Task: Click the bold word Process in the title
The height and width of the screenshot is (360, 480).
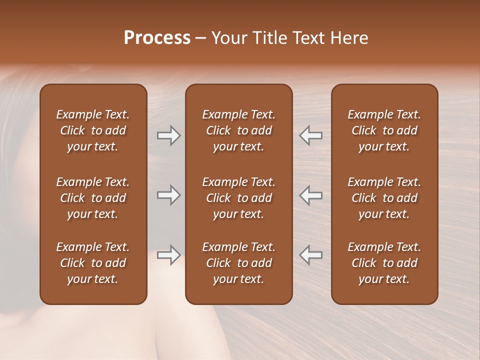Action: click(157, 38)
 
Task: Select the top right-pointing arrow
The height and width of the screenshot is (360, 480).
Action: click(168, 135)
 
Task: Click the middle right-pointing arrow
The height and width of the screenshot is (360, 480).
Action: click(168, 195)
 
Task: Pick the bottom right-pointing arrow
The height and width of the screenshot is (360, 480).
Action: click(168, 255)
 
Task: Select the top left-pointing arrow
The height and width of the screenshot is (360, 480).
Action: click(311, 135)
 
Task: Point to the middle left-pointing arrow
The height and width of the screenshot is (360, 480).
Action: click(311, 195)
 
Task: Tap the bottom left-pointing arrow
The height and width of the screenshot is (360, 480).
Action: click(311, 255)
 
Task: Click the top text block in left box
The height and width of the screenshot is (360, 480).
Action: click(93, 130)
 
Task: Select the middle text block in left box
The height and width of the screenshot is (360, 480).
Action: click(93, 198)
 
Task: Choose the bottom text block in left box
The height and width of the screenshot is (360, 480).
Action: click(93, 263)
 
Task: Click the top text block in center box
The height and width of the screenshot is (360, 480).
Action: click(238, 130)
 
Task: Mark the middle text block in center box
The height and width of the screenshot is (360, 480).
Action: click(238, 198)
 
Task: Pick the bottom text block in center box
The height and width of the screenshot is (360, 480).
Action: click(238, 263)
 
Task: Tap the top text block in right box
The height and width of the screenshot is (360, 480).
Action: click(384, 130)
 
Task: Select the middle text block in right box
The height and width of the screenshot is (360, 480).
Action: click(384, 198)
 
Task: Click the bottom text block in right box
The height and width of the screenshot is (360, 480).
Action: click(384, 263)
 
